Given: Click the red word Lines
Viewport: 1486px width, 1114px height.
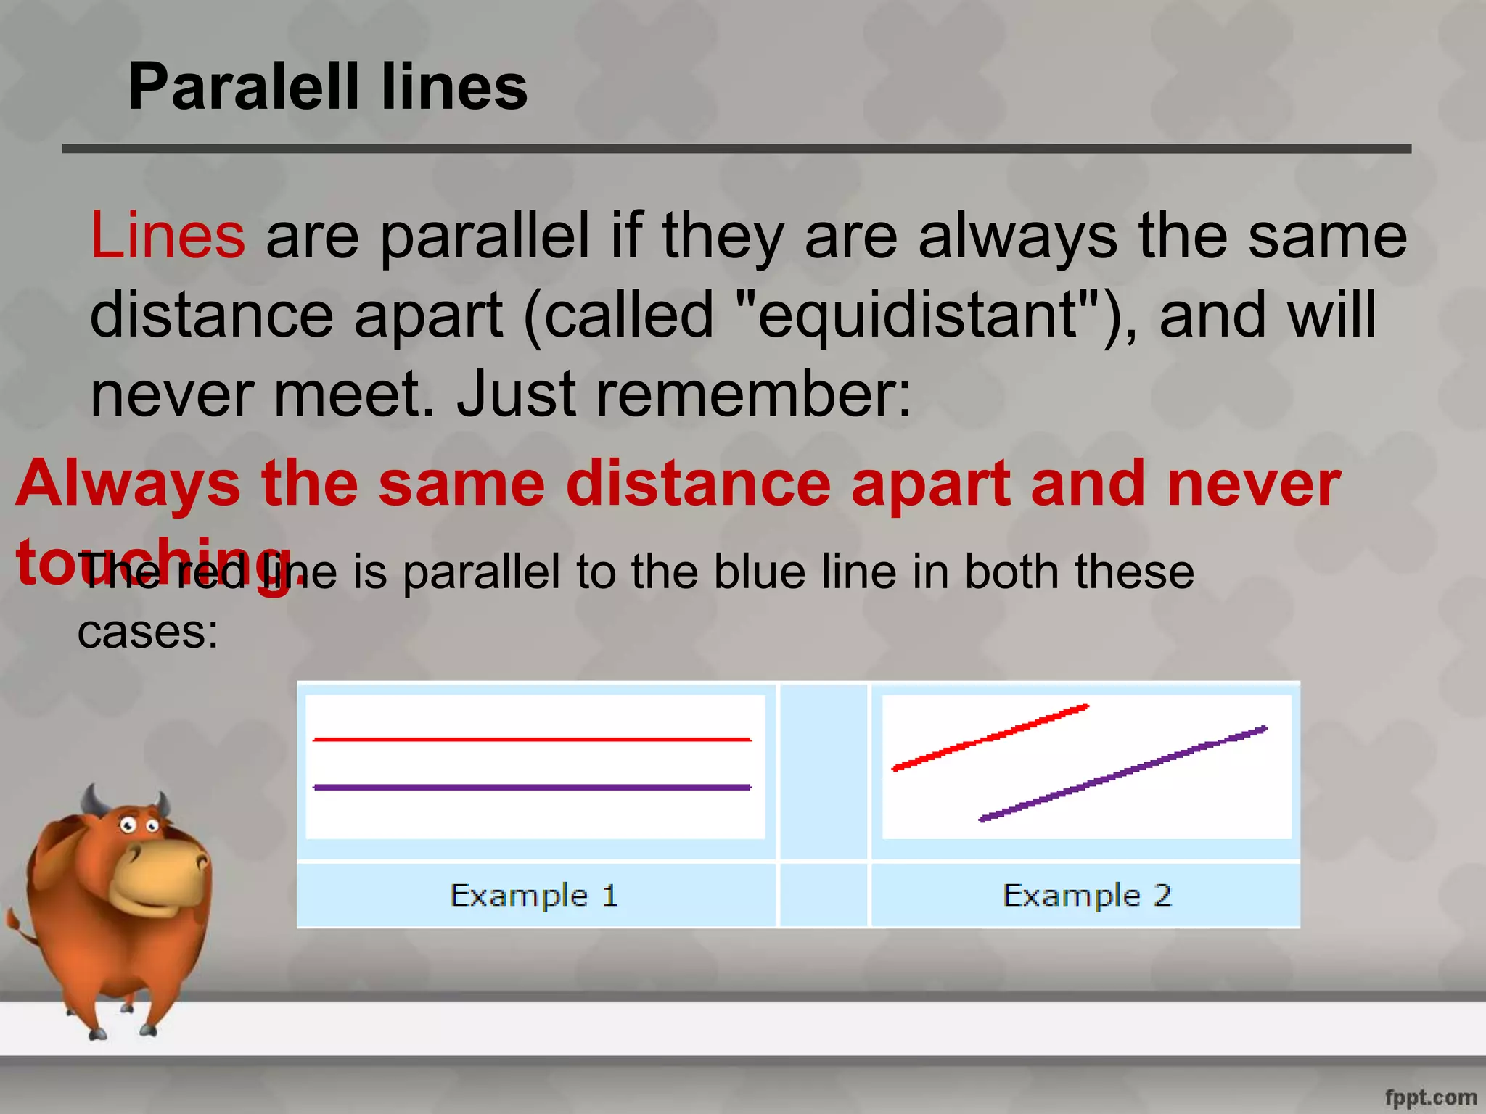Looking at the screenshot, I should (x=168, y=235).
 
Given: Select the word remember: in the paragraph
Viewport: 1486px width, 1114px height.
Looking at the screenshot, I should (x=755, y=395).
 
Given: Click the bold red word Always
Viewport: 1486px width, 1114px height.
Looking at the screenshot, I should (x=128, y=484).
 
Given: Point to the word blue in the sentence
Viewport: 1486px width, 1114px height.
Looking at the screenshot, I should (x=759, y=572).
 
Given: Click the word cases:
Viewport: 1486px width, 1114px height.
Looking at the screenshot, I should (x=148, y=632).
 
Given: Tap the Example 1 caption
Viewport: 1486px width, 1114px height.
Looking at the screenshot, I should (x=534, y=896).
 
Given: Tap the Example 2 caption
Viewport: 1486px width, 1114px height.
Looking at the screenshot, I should (x=1086, y=896).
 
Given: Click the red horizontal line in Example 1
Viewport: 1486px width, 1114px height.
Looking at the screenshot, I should (x=532, y=739).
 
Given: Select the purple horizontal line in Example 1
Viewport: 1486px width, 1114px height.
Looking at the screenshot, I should (x=532, y=787).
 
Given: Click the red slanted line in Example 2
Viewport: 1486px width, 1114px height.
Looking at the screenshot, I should (x=990, y=737).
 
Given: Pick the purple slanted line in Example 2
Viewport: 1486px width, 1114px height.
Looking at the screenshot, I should (x=1122, y=773).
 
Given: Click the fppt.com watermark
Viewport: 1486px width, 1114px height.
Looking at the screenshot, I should (x=1430, y=1097).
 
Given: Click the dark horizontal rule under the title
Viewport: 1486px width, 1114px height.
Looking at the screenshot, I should (x=736, y=149).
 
